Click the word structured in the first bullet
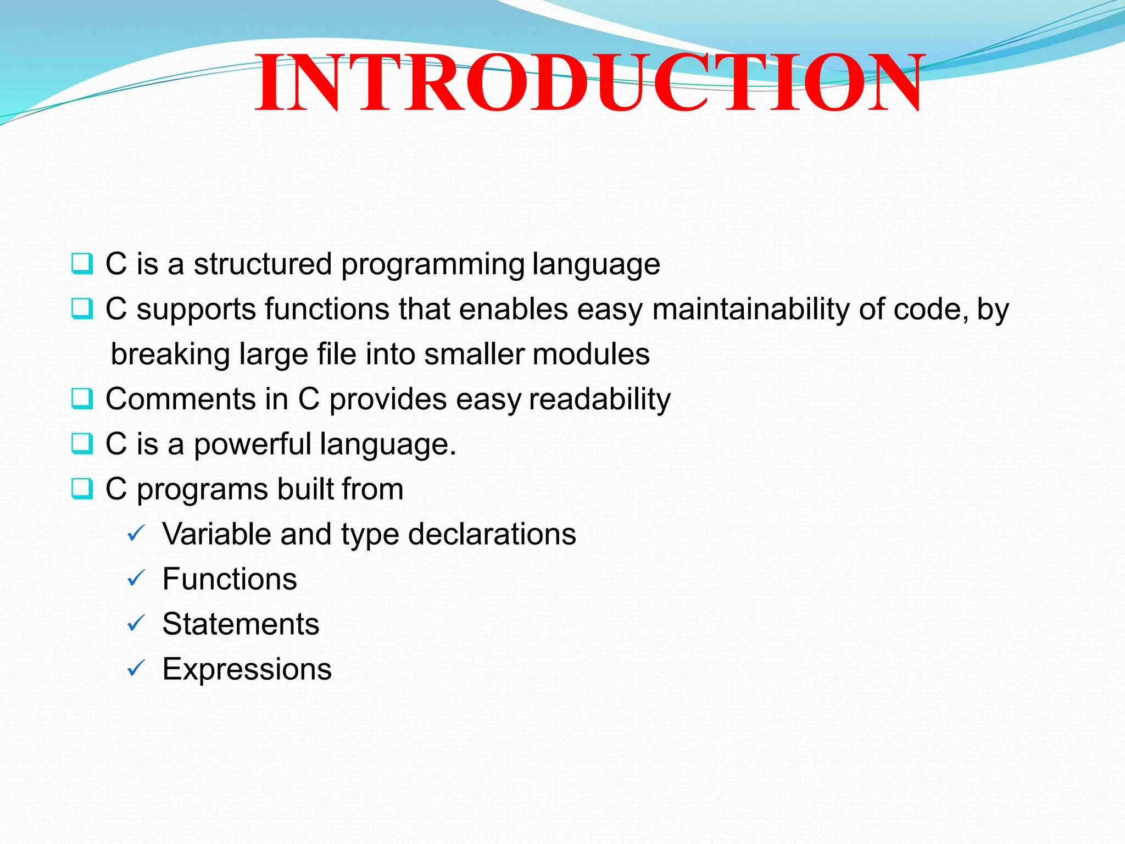click(263, 264)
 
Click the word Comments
click(181, 399)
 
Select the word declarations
click(492, 534)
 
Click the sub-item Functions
click(230, 579)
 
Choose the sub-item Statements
click(241, 624)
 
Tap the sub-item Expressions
click(247, 669)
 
